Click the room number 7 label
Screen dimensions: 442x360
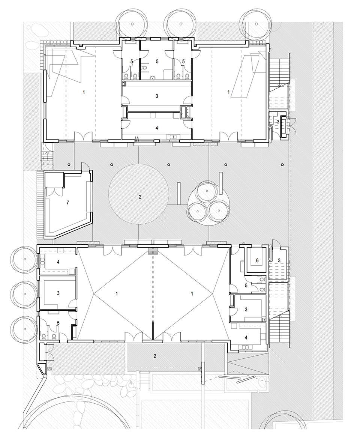[67, 203]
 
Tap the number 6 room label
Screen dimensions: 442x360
[257, 260]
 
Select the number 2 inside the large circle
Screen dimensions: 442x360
[140, 197]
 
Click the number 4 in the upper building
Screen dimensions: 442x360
[157, 128]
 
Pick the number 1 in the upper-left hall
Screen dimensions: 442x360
[84, 92]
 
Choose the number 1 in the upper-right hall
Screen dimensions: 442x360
[229, 92]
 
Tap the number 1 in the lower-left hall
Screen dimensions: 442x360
[117, 294]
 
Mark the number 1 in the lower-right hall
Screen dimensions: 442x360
[192, 294]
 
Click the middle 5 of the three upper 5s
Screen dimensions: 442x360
[157, 61]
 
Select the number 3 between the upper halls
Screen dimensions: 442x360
[157, 96]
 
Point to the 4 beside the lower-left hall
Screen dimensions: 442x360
[58, 262]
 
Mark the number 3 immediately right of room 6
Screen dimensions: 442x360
[279, 260]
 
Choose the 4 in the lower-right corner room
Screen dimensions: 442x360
[246, 338]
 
